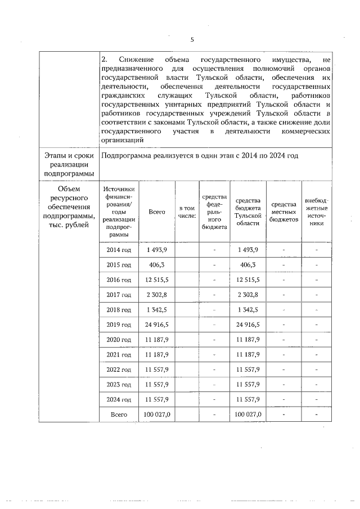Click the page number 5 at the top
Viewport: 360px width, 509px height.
click(192, 39)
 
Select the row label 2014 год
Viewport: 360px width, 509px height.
click(119, 250)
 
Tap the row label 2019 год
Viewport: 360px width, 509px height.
click(119, 325)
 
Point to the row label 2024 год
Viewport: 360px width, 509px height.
click(119, 399)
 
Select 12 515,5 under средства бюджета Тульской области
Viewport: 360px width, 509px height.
click(247, 280)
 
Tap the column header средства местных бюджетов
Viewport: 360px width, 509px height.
click(283, 212)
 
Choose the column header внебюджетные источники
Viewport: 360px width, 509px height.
click(317, 211)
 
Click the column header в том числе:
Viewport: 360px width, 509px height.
click(187, 211)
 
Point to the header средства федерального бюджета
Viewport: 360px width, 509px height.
click(214, 211)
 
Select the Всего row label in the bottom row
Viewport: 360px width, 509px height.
click(119, 415)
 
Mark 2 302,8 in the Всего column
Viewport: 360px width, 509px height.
click(157, 295)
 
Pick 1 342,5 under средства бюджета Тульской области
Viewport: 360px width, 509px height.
click(247, 309)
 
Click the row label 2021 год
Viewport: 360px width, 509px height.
click(119, 354)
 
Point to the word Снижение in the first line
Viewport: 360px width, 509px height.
click(134, 58)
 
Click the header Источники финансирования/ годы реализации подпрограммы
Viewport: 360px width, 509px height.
click(119, 212)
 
